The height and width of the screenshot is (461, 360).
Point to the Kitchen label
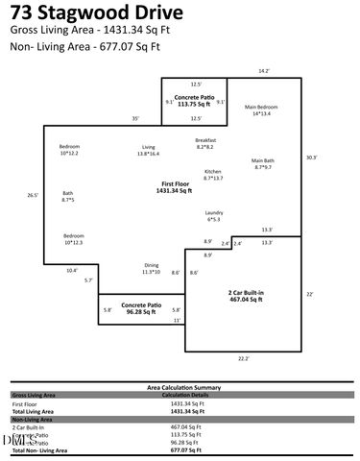click(x=213, y=175)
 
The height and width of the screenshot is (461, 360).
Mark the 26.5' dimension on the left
click(x=32, y=195)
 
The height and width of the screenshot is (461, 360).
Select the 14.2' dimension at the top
click(x=264, y=71)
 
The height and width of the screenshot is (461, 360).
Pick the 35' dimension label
click(x=136, y=119)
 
